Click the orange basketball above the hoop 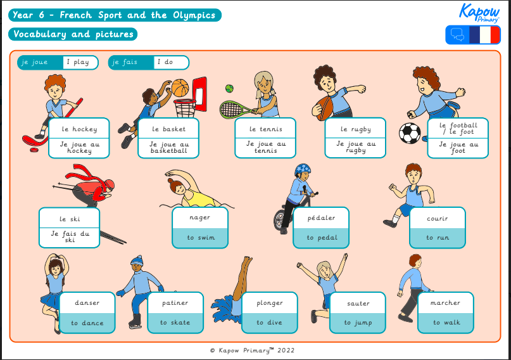coord(180,87)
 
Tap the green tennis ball coord(230,89)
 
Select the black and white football coord(410,133)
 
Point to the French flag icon coord(484,35)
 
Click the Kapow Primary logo coord(479,13)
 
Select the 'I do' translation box coord(170,62)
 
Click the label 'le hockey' coord(79,129)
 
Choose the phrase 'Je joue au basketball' coord(169,148)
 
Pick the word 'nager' coord(199,217)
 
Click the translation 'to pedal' coord(321,238)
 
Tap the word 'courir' coord(437,219)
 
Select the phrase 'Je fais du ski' coord(70,237)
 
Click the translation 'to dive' coord(269,323)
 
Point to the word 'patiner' coord(175,303)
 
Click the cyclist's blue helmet coord(303,170)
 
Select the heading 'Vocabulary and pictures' coord(73,34)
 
